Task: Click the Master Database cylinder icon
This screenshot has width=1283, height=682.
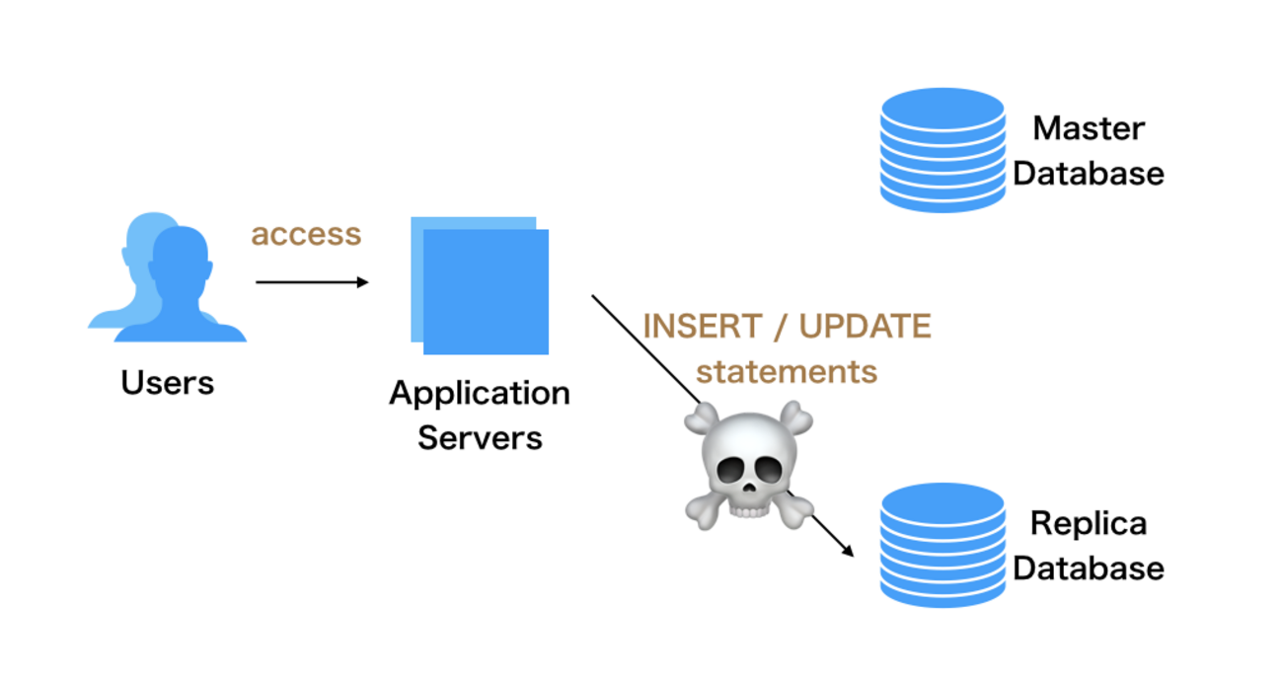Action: pyautogui.click(x=942, y=150)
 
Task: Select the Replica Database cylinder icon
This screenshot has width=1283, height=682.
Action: pyautogui.click(x=942, y=545)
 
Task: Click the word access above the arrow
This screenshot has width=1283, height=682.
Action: pyautogui.click(x=306, y=235)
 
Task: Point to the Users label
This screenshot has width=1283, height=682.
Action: pyautogui.click(x=167, y=383)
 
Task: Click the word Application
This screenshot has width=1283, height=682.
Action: pyautogui.click(x=480, y=393)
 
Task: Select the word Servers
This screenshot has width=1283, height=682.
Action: pyautogui.click(x=480, y=437)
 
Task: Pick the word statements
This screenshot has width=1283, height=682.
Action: pyautogui.click(x=787, y=372)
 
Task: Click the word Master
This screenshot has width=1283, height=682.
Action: pyautogui.click(x=1089, y=128)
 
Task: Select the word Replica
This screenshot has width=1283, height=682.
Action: pyautogui.click(x=1089, y=523)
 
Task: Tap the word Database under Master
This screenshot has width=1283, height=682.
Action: pyautogui.click(x=1089, y=174)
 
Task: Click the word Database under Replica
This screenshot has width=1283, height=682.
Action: pyautogui.click(x=1089, y=568)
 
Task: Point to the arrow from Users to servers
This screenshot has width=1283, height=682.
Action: pyautogui.click(x=311, y=282)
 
